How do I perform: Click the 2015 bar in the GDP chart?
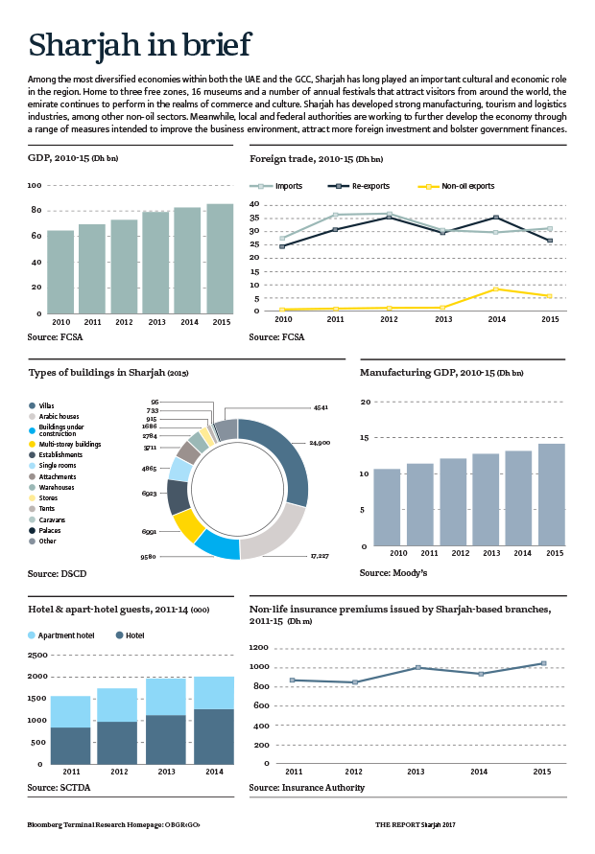[x=219, y=258]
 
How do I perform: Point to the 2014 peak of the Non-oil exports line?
[x=494, y=289]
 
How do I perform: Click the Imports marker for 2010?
[x=282, y=239]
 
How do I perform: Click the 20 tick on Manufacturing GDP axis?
[x=364, y=402]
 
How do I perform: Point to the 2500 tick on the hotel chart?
[x=36, y=656]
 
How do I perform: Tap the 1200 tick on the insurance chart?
[x=259, y=648]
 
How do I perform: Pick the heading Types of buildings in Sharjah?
[x=107, y=372]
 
